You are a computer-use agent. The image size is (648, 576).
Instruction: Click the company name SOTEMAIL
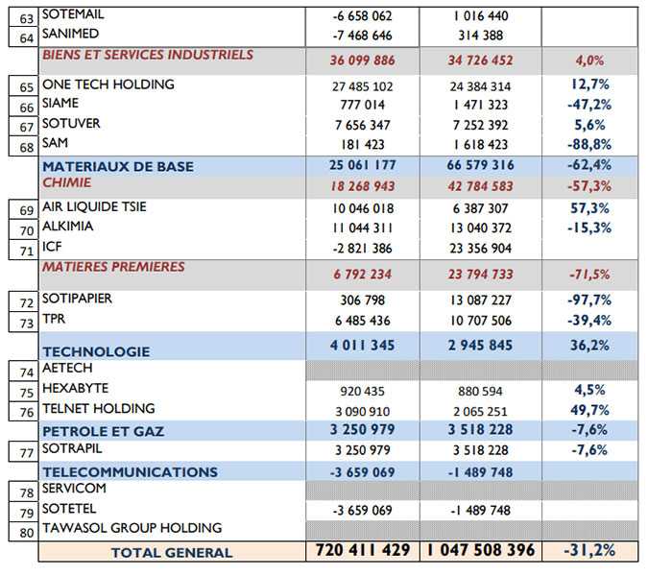(x=73, y=14)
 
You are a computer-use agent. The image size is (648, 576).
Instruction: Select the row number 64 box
(x=24, y=37)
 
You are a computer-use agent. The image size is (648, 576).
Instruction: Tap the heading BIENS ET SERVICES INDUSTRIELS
(x=148, y=55)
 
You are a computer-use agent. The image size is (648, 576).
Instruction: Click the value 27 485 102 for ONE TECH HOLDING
(x=363, y=86)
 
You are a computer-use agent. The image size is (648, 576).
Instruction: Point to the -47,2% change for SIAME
(x=589, y=105)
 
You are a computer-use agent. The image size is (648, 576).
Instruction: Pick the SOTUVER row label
(x=71, y=123)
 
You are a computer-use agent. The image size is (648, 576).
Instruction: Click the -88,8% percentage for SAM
(x=589, y=145)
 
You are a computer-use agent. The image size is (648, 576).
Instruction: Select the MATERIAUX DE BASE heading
(x=118, y=166)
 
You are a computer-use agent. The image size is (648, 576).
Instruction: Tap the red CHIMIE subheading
(x=66, y=182)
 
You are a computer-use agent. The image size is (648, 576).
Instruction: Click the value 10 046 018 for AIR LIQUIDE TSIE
(x=363, y=208)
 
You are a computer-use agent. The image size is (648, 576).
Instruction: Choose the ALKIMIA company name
(x=68, y=227)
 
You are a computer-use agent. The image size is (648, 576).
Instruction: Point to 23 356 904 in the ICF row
(x=480, y=249)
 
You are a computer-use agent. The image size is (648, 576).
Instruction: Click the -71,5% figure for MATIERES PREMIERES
(x=589, y=275)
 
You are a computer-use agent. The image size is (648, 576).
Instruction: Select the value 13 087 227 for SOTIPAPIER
(x=480, y=300)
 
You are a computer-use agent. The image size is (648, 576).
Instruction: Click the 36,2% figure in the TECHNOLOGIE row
(x=589, y=346)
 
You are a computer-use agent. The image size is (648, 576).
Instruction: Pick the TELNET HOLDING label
(x=99, y=408)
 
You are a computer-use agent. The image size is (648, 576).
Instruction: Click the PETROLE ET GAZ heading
(x=104, y=431)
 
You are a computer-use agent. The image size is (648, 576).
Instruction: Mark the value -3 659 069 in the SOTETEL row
(x=363, y=511)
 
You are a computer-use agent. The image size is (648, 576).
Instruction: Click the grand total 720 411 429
(x=363, y=550)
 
